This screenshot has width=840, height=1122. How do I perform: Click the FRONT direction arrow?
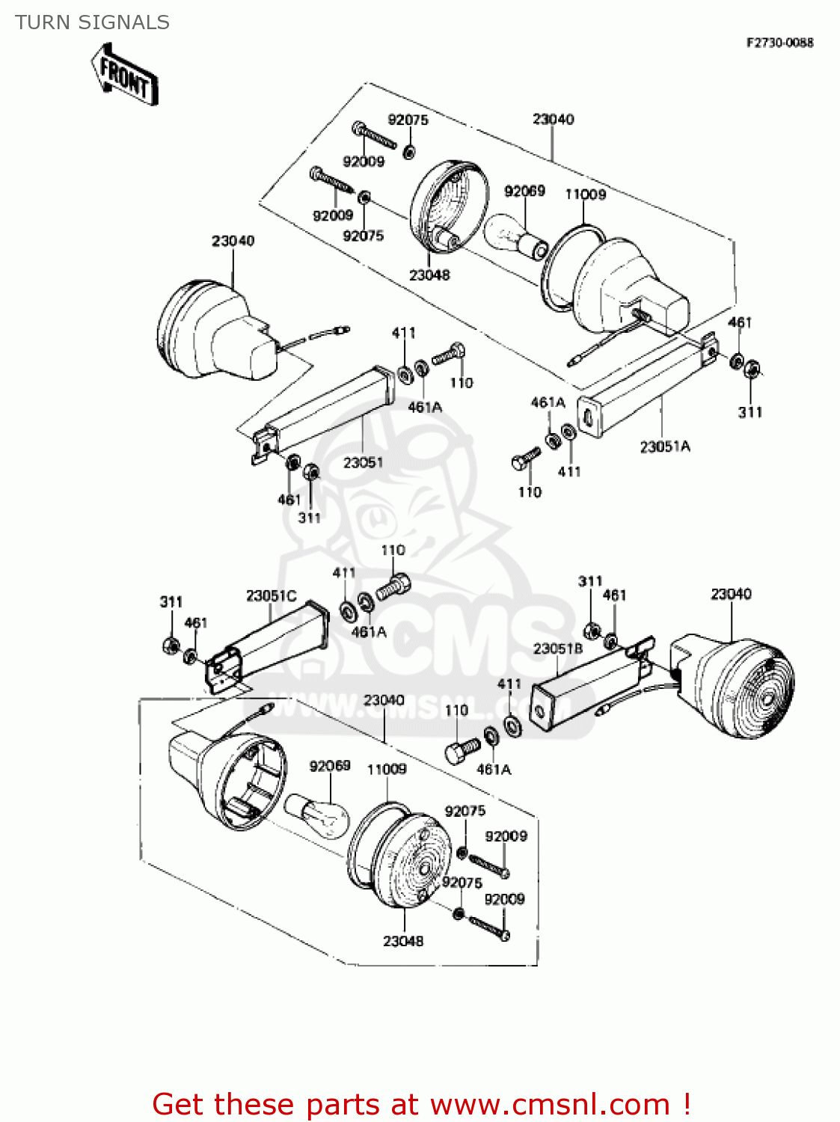pos(124,75)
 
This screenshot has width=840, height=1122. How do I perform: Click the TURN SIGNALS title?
pos(92,22)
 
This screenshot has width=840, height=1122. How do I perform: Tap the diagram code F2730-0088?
pos(779,43)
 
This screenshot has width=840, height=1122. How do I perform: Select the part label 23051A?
pos(665,447)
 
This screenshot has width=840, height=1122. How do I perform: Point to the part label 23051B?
pos(557,649)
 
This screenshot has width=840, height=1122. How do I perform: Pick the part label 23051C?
pos(271,596)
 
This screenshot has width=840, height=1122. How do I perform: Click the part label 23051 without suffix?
pos(363,462)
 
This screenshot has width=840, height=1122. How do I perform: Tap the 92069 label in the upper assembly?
pos(524,191)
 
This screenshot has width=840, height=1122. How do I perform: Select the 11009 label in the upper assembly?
pos(585,194)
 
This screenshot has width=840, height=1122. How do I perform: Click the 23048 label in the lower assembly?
pos(403,941)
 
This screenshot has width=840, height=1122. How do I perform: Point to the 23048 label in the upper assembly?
pos(429,275)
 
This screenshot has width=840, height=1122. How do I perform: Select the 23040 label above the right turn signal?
pos(731,594)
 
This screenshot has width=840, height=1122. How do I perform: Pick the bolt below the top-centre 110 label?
pos(393,586)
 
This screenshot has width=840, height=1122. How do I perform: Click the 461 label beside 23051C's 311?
pos(195,622)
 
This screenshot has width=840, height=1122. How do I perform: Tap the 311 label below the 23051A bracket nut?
pos(750,411)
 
